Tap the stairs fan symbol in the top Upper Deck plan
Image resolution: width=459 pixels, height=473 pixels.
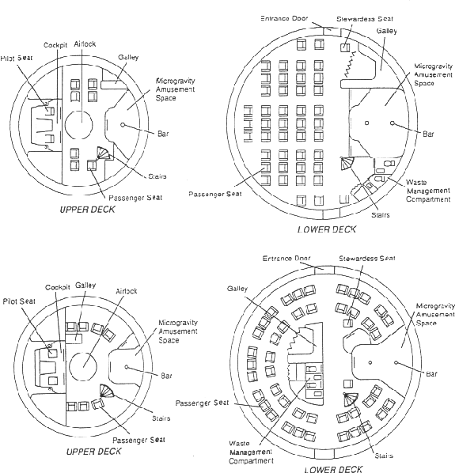tap(104, 153)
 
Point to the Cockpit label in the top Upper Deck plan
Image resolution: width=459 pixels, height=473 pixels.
tap(55, 45)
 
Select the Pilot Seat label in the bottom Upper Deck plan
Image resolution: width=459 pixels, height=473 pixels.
tap(19, 301)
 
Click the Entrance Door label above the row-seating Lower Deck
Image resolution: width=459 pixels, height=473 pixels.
tap(284, 18)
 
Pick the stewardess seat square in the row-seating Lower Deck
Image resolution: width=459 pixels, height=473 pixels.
tap(345, 47)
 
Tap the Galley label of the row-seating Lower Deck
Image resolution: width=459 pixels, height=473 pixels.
tap(386, 31)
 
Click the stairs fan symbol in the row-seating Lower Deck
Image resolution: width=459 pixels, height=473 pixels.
tap(347, 164)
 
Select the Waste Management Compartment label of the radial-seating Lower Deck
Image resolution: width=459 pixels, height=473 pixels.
tap(251, 452)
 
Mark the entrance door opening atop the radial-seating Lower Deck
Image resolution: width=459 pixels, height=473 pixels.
tap(324, 270)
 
